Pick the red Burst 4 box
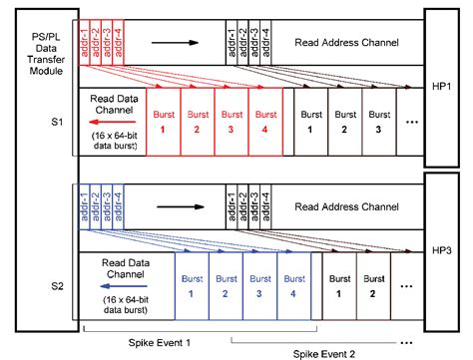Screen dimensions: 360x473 point(265,121)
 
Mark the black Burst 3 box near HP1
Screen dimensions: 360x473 point(378,121)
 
